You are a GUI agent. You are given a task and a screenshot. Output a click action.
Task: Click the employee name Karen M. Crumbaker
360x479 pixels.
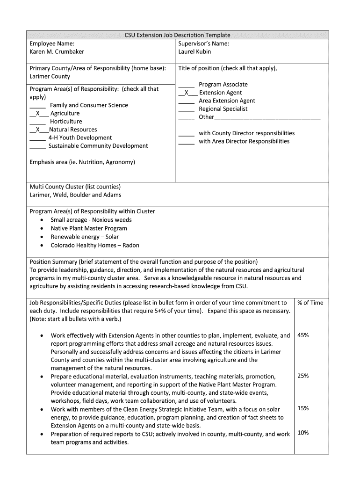pos(57,51)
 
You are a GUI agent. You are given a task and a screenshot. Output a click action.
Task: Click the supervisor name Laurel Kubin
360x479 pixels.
pos(194,51)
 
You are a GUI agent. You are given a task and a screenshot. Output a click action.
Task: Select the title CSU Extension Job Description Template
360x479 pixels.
pos(177,35)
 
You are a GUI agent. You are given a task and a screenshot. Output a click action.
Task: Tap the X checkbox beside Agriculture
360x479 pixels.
pos(39,113)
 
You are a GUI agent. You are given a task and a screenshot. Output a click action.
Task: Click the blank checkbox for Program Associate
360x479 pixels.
pos(186,85)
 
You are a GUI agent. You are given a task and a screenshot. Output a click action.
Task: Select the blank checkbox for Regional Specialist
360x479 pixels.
pos(186,109)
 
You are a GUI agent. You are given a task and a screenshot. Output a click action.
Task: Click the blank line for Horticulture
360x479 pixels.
pos(37,122)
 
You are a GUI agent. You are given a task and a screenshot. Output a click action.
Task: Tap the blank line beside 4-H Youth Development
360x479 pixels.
pos(37,138)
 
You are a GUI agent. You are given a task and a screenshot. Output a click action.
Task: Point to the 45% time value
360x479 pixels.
pos(303,335)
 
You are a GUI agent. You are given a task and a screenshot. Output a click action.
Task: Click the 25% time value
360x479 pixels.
pos(303,376)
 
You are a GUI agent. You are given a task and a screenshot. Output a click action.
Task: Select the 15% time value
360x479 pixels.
pos(303,408)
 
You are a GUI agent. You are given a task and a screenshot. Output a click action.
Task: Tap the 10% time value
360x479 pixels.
pos(303,433)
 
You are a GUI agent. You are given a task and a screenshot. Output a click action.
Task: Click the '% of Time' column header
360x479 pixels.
pos(310,303)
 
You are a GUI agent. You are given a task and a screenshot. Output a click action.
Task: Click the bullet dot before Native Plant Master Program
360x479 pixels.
pos(43,229)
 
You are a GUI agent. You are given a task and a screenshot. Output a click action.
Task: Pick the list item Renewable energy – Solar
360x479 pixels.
pos(85,237)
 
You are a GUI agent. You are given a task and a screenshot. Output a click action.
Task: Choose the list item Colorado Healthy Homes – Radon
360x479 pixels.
pos(95,245)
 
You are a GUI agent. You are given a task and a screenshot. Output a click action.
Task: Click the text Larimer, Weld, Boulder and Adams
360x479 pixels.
pos(75,195)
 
